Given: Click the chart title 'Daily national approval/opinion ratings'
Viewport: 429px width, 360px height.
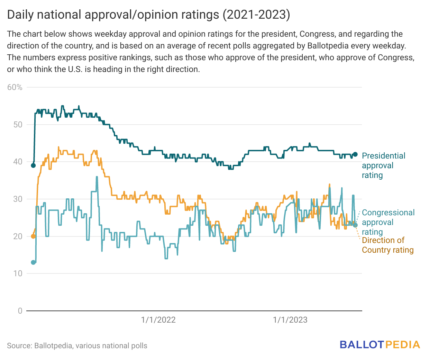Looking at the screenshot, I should click(x=148, y=15).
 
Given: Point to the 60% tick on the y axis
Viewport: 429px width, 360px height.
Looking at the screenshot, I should click(x=15, y=87).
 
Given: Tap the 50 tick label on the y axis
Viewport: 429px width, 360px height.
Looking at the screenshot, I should click(x=18, y=125).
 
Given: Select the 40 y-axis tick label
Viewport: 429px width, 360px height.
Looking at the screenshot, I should click(x=18, y=162).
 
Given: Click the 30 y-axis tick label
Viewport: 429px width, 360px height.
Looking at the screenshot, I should click(x=18, y=199).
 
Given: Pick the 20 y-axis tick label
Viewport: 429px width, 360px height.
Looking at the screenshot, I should click(x=18, y=236).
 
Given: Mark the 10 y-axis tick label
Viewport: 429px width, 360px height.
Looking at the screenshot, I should click(x=18, y=273).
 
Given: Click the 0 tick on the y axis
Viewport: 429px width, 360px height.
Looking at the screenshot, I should click(x=20, y=311).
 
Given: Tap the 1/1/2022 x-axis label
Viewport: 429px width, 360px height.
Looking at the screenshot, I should click(x=158, y=320).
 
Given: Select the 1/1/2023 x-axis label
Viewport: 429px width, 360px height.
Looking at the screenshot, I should click(x=290, y=320).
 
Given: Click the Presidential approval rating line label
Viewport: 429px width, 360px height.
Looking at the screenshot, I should click(x=383, y=165).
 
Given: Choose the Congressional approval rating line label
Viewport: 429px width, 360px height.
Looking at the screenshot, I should click(x=388, y=222).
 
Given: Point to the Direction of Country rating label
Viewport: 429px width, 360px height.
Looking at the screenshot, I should click(x=387, y=245).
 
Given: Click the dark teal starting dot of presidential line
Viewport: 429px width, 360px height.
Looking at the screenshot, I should click(x=33, y=165).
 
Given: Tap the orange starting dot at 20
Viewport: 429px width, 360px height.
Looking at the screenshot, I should click(x=33, y=236).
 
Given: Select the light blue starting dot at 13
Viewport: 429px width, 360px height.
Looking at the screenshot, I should click(x=33, y=262).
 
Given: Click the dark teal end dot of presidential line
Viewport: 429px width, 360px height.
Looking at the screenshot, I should click(x=355, y=154).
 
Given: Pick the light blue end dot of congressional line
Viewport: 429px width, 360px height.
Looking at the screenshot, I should click(x=355, y=225).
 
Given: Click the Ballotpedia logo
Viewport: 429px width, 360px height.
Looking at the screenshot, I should click(x=380, y=344).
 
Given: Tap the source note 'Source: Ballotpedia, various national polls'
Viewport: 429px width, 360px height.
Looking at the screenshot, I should click(x=77, y=346).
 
